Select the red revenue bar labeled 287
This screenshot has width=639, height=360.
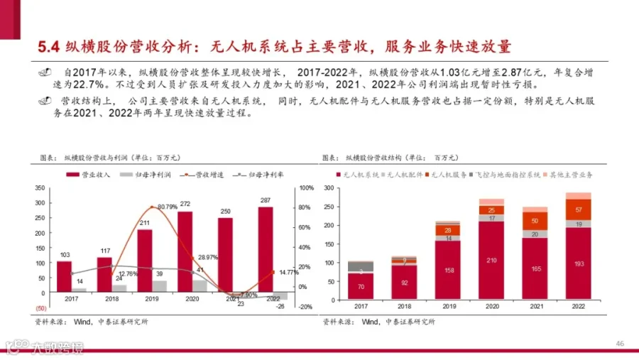[266, 249]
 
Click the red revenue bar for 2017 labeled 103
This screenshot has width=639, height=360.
[64, 276]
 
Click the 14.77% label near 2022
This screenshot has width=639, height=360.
[288, 272]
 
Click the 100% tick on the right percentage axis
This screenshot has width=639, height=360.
[306, 188]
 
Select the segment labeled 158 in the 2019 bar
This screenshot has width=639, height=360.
[447, 270]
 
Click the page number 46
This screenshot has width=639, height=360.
[619, 344]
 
